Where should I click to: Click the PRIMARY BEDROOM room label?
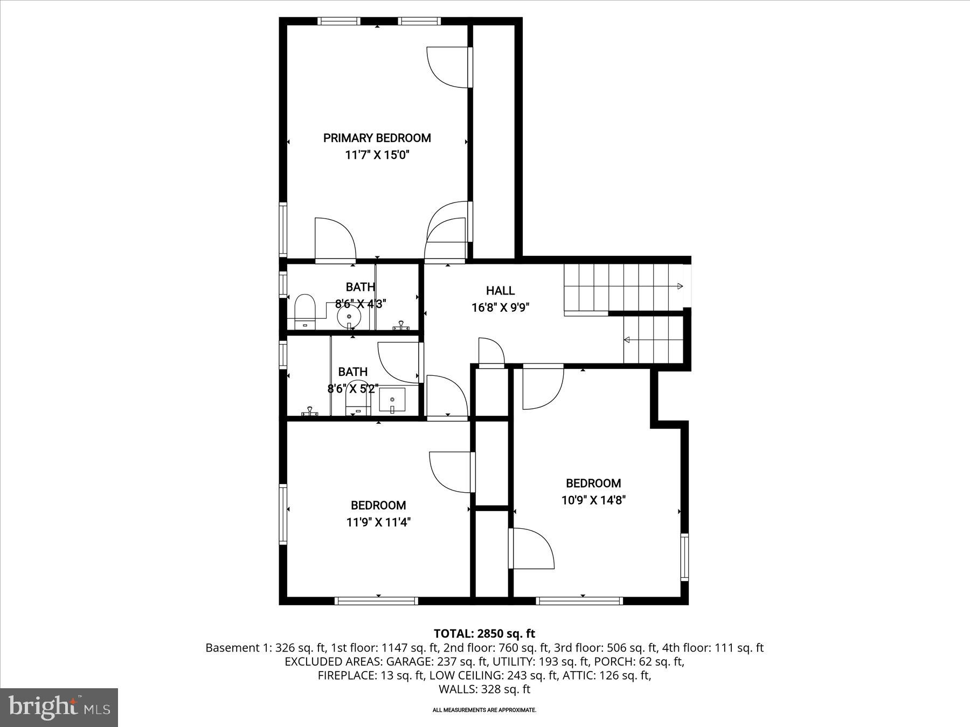377,138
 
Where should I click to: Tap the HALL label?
500,291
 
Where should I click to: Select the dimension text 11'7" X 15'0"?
377,156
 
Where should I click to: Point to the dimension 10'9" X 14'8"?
593,500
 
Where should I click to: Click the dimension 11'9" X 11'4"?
378,522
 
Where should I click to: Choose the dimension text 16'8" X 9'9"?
500,308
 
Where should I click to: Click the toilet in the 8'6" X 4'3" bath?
304,311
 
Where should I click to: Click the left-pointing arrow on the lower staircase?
627,340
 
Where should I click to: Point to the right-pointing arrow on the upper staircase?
680,286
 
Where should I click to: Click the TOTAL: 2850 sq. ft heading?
484,634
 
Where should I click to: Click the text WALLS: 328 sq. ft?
484,689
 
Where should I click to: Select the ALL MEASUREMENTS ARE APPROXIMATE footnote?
484,710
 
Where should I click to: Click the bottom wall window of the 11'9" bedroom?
377,600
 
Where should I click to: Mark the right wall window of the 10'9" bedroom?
684,556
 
